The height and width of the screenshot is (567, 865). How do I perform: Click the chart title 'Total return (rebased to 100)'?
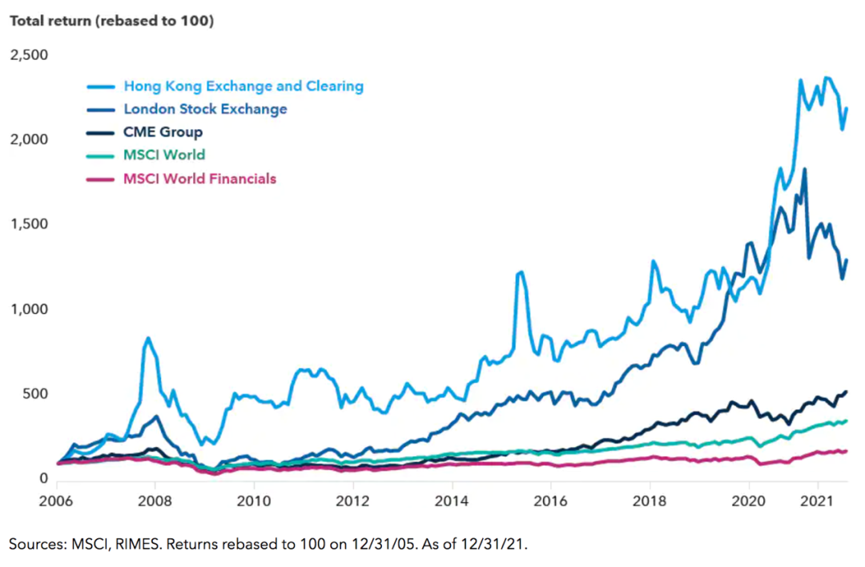111,22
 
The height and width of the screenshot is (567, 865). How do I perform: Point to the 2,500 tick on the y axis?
29,55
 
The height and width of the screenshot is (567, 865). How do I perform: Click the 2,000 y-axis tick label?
29,140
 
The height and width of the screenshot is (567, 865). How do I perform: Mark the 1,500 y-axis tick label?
29,225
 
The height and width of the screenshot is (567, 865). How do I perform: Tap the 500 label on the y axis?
36,394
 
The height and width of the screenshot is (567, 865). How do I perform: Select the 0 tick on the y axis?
43,479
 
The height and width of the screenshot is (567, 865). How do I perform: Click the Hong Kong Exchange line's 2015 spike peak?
521,272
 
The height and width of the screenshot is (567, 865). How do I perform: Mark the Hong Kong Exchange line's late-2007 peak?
148,338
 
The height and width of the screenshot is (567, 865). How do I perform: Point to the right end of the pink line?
847,451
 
